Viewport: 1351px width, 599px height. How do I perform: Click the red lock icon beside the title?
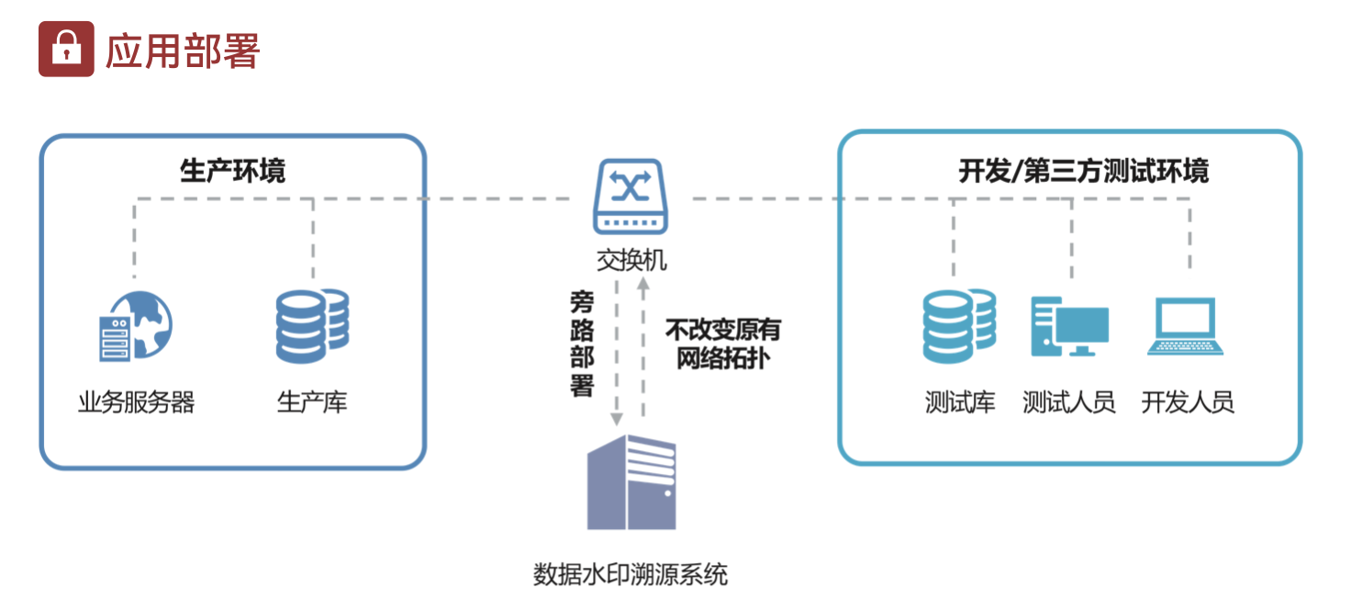tap(66, 49)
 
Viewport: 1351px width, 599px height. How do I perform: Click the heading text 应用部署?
tap(183, 51)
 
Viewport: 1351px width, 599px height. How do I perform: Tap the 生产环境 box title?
tap(232, 171)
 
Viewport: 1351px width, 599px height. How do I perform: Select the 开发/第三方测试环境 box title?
tap(1083, 171)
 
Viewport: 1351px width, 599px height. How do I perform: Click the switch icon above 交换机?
tap(631, 197)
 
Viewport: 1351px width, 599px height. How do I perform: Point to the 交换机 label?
tap(631, 261)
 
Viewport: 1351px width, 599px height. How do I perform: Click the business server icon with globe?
tap(136, 327)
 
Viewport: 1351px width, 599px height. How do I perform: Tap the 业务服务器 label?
tap(136, 402)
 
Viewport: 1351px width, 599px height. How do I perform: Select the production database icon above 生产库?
tap(312, 326)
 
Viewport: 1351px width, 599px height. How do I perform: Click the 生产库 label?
tap(312, 402)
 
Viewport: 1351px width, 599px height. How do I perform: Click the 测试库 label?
tap(960, 402)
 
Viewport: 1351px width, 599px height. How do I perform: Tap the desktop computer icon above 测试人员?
tap(1069, 326)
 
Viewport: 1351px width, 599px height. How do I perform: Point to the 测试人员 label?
tap(1069, 402)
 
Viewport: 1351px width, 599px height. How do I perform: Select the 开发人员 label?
tap(1188, 402)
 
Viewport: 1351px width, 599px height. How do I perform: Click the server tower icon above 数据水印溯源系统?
tap(631, 482)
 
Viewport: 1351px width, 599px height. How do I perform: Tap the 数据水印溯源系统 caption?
tap(631, 575)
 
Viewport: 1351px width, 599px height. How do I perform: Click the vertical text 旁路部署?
tap(582, 344)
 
